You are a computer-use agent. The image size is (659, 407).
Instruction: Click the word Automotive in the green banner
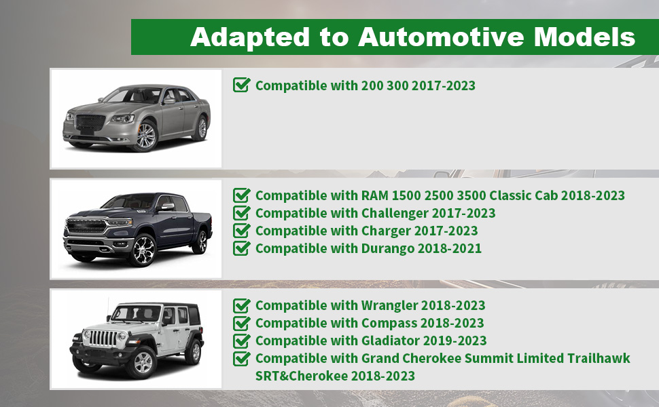pos(442,37)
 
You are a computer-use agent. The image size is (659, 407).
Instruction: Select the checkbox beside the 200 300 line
pos(242,85)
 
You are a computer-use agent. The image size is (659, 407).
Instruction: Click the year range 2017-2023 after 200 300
pos(444,85)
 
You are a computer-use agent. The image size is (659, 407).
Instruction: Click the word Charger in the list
pos(386,231)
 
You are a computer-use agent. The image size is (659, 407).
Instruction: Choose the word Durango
pos(388,248)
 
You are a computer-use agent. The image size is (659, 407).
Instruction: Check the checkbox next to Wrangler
pos(242,305)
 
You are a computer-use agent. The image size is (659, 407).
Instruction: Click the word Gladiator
pos(390,341)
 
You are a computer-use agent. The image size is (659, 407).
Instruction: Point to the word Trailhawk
pos(599,358)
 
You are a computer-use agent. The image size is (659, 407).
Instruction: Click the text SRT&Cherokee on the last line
pos(302,376)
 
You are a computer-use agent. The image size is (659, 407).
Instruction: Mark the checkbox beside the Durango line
pos(242,248)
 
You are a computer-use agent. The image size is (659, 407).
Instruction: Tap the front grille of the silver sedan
pos(90,123)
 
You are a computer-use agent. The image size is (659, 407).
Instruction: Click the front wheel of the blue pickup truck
pos(143,250)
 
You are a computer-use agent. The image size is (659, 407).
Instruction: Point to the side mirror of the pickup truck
pos(167,206)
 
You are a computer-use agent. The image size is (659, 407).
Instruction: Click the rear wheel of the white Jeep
pos(194,351)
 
